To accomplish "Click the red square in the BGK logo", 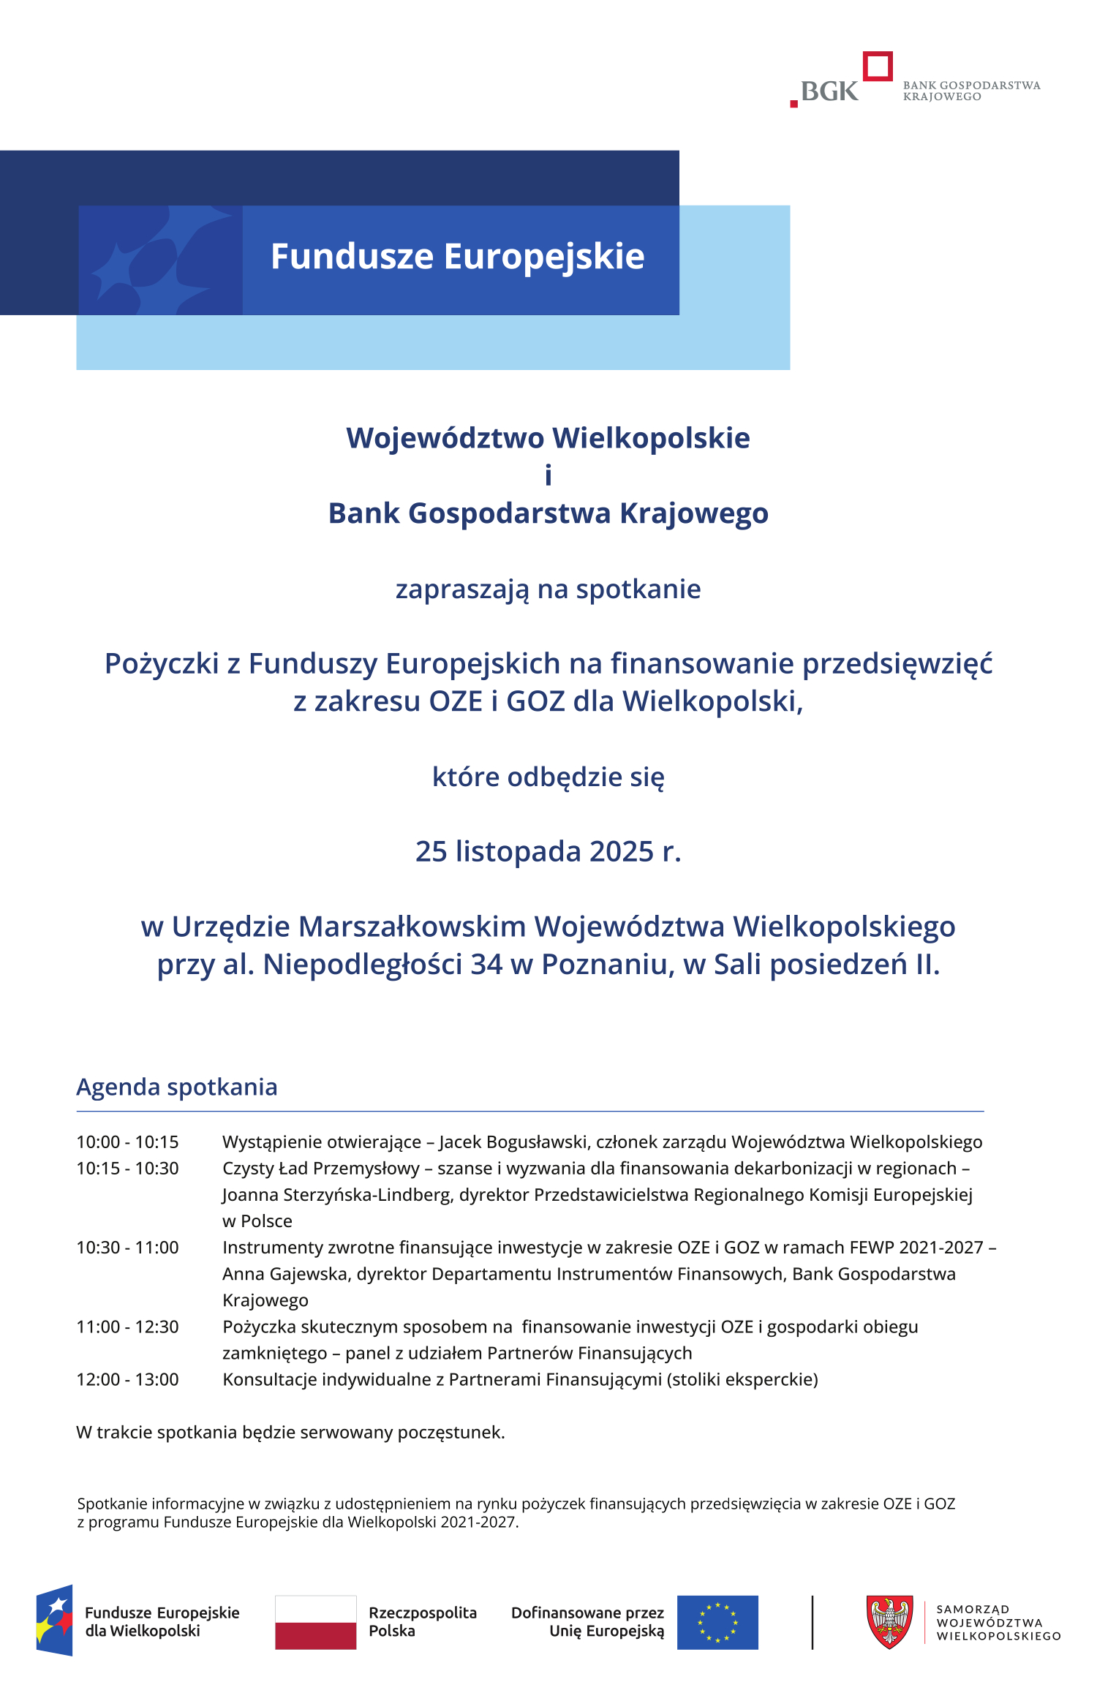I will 878,66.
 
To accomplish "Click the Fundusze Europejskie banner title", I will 457,257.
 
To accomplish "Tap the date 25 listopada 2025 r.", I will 548,851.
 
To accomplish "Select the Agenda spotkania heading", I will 177,1087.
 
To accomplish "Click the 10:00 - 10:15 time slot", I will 127,1142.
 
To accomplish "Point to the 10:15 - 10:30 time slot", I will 127,1168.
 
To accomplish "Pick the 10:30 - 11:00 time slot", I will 127,1247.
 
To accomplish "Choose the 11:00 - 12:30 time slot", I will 127,1327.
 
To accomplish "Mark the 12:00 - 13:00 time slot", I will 127,1379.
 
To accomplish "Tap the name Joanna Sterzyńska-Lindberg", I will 336,1194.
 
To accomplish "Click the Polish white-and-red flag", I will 315,1622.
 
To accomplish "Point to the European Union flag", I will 717,1622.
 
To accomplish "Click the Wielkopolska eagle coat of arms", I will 889,1621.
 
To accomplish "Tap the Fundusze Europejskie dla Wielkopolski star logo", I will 54,1621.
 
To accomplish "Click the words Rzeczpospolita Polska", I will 422,1621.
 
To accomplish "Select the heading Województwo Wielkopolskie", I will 548,438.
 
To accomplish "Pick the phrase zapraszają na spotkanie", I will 548,589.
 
